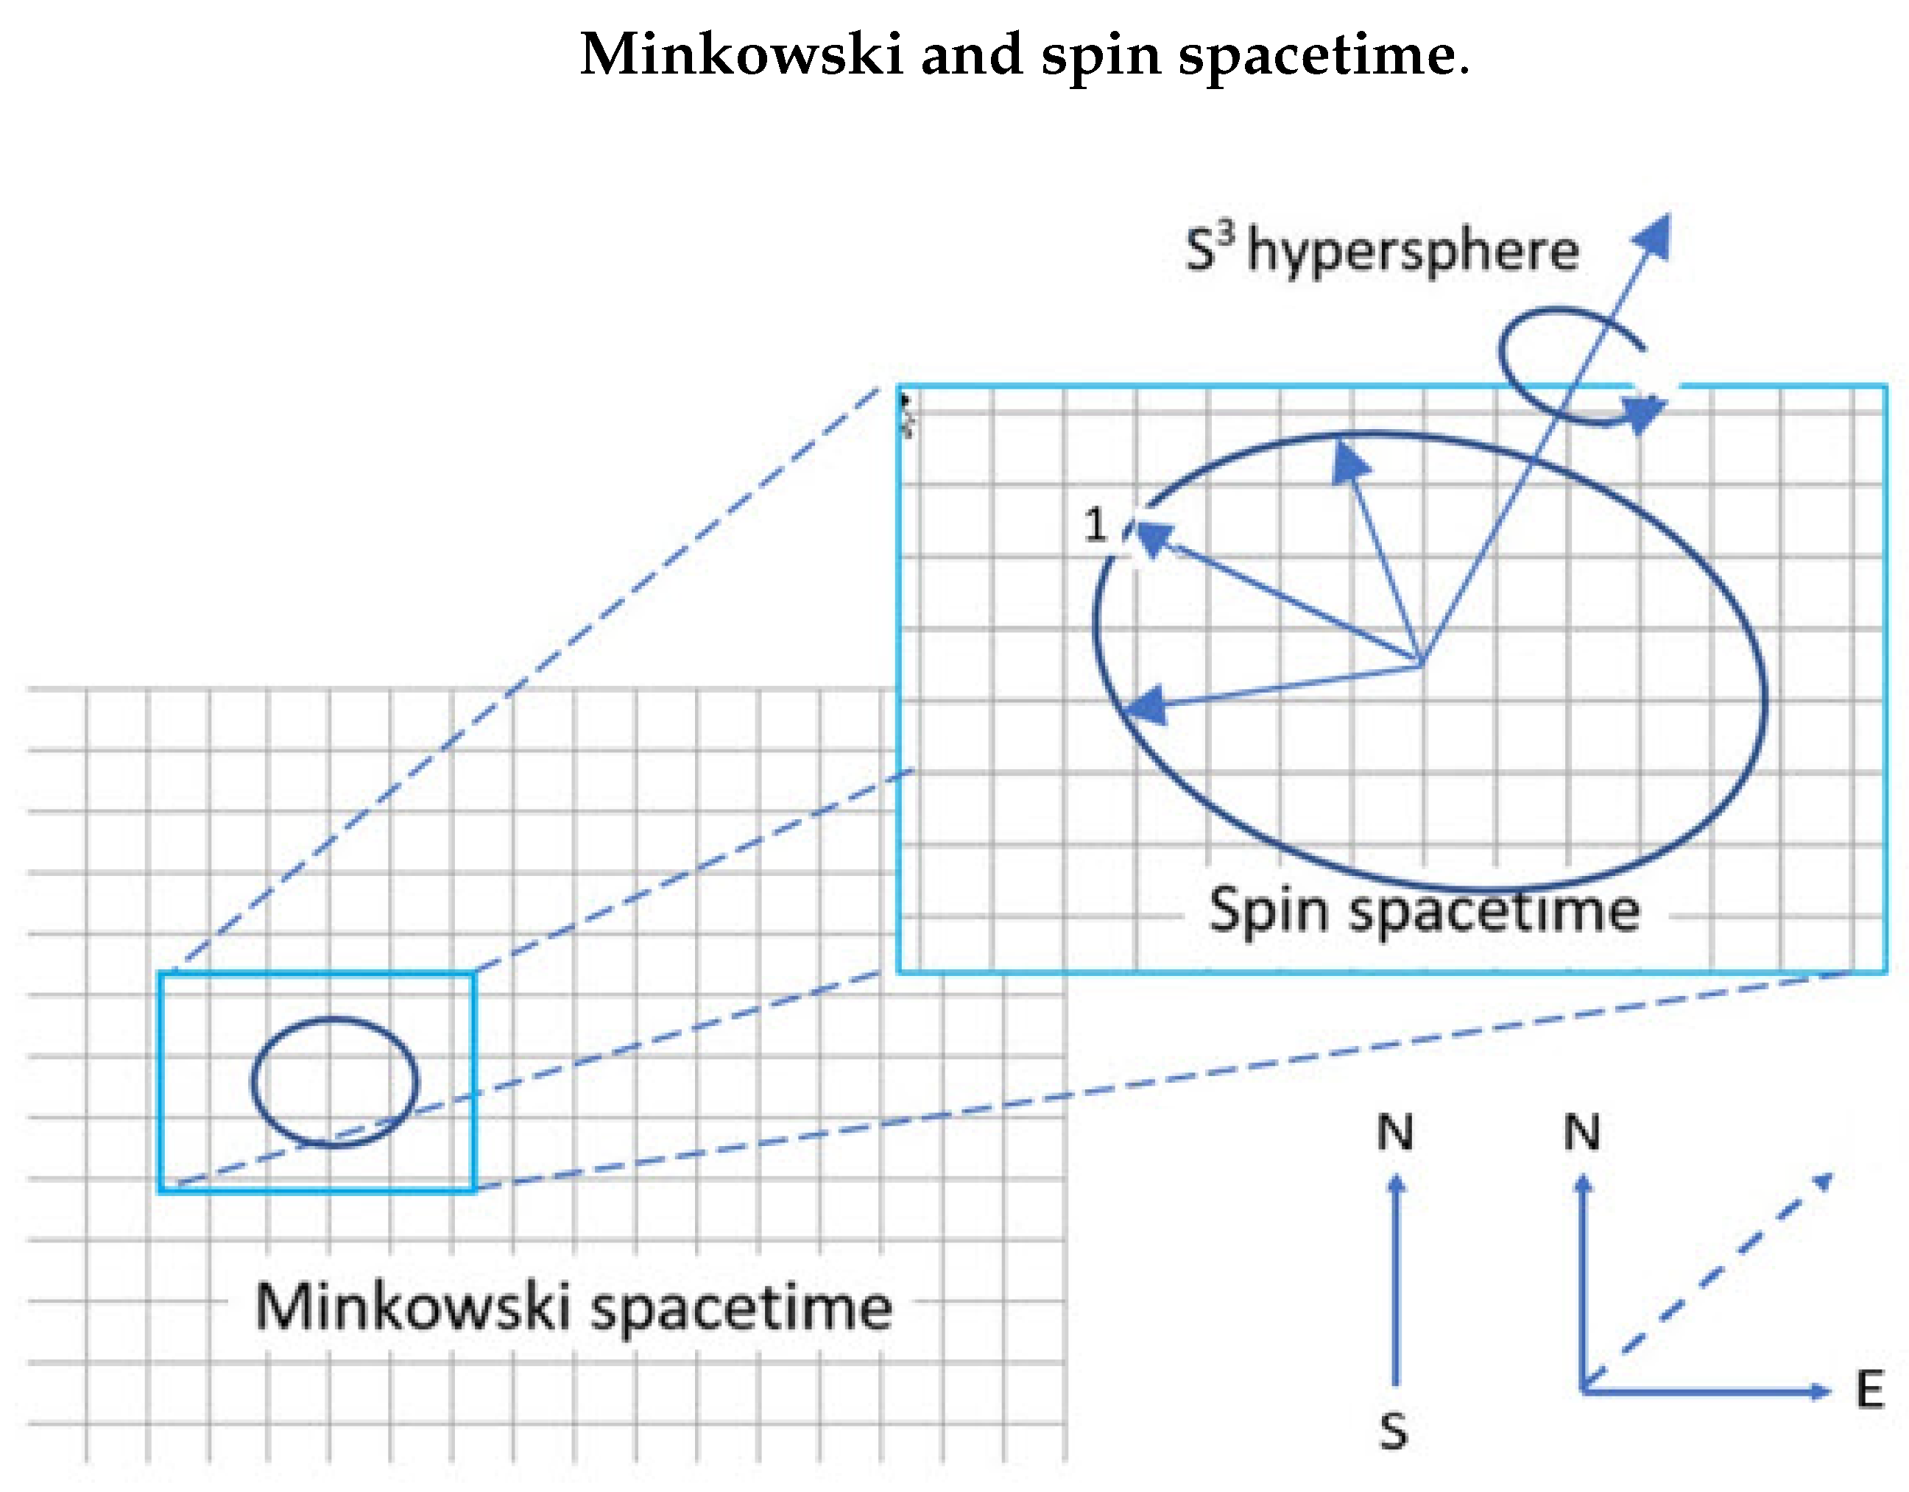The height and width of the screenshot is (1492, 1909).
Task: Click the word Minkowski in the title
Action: pyautogui.click(x=741, y=54)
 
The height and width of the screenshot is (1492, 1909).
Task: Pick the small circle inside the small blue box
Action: pyautogui.click(x=335, y=1081)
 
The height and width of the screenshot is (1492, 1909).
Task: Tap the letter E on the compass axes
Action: pyautogui.click(x=1870, y=1390)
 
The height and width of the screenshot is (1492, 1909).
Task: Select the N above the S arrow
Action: pyautogui.click(x=1395, y=1133)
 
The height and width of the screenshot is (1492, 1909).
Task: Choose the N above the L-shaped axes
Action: pyautogui.click(x=1582, y=1133)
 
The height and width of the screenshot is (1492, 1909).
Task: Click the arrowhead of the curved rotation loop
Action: pyautogui.click(x=1644, y=412)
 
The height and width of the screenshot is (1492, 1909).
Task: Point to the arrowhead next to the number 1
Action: pyautogui.click(x=1152, y=537)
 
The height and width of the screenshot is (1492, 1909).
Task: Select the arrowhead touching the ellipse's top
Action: pyautogui.click(x=1349, y=461)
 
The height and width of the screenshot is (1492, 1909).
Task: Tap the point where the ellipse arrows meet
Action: pyautogui.click(x=1420, y=664)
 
